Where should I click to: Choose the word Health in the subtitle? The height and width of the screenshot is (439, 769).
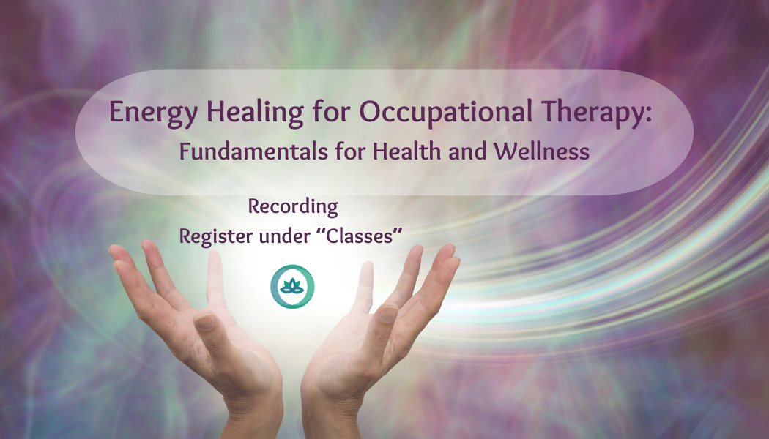coord(408,151)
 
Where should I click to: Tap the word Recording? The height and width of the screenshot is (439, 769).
coord(293,207)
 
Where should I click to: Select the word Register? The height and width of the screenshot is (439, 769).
coord(215,236)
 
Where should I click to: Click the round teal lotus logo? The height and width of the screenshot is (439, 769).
coord(292,286)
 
